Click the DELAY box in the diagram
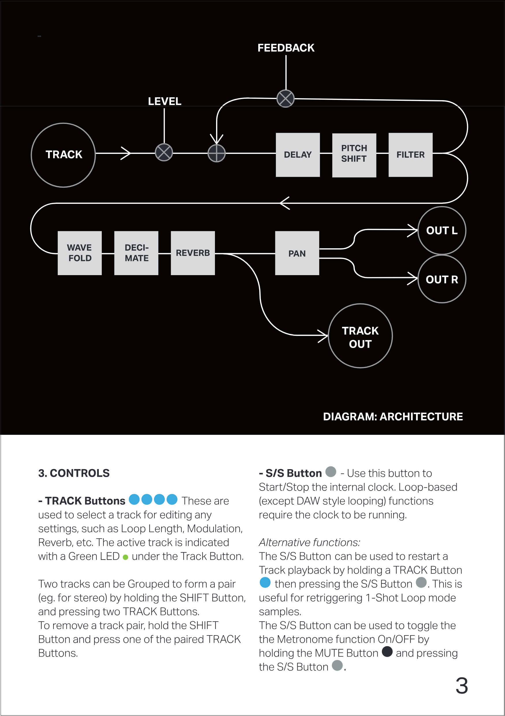click(298, 155)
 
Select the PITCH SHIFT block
click(354, 155)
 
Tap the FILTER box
click(410, 155)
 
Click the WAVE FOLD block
click(79, 253)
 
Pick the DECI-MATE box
click(136, 253)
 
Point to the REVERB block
click(193, 253)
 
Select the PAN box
click(297, 253)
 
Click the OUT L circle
click(442, 230)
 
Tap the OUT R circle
click(442, 279)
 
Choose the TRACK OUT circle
click(360, 336)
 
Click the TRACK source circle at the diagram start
click(63, 155)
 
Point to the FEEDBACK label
click(286, 48)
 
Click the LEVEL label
click(164, 101)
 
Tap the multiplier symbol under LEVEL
click(164, 152)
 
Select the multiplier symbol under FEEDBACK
click(286, 98)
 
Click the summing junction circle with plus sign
click(217, 153)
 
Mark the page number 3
click(462, 685)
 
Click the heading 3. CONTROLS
click(74, 473)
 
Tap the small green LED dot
click(125, 557)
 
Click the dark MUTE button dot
click(387, 651)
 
